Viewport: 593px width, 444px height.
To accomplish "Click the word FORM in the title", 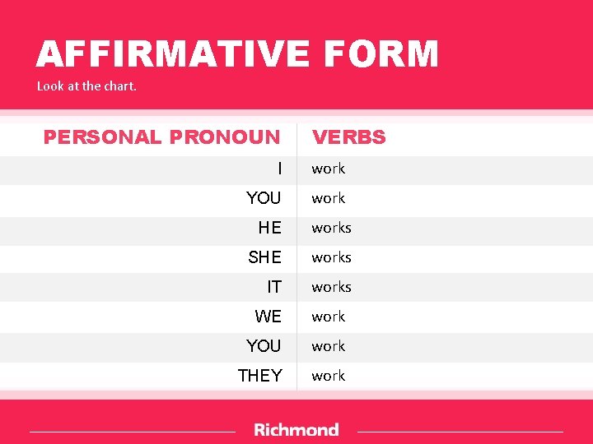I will (381, 55).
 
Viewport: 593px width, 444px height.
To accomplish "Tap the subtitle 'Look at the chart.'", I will (86, 86).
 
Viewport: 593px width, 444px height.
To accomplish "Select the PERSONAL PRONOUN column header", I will (161, 137).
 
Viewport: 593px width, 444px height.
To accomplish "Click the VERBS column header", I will (348, 137).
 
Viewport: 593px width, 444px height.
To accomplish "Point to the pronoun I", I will (279, 169).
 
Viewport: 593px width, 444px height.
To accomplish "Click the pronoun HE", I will (269, 228).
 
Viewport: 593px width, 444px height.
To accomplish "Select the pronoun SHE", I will (264, 257).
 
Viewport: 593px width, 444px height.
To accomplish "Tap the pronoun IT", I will (274, 287).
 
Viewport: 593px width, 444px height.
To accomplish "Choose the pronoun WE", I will (268, 317).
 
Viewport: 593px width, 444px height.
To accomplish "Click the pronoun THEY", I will (259, 376).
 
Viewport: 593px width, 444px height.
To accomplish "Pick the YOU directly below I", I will (264, 198).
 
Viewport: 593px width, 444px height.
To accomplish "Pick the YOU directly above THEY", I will (264, 346).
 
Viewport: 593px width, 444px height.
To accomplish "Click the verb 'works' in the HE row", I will (331, 228).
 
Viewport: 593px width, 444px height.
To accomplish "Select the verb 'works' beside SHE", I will (331, 257).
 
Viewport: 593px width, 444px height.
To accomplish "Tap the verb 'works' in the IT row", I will (331, 287).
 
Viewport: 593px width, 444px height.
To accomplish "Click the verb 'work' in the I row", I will (328, 169).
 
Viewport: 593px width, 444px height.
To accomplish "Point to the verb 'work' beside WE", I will (328, 317).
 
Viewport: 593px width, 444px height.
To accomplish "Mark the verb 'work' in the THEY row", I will (328, 376).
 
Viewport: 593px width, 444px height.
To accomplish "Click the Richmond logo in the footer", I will (296, 430).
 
